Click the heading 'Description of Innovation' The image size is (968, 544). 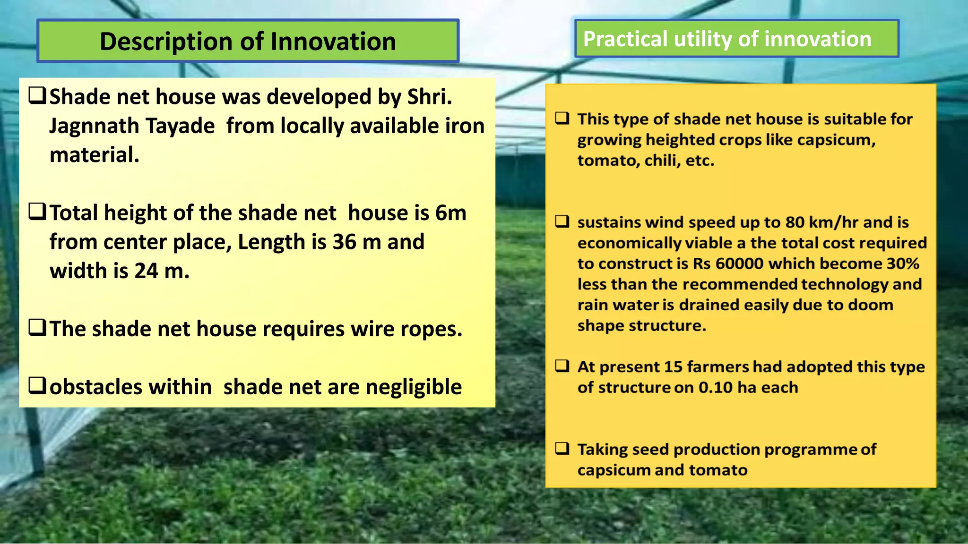pyautogui.click(x=248, y=42)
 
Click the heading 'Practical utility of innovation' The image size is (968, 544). pyautogui.click(x=727, y=39)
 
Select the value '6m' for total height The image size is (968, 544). pyautogui.click(x=450, y=213)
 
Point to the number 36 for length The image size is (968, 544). pyautogui.click(x=344, y=242)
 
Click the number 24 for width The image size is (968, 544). pyautogui.click(x=146, y=271)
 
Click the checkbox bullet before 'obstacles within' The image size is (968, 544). pyautogui.click(x=37, y=386)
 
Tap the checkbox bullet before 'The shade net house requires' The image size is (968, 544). pyautogui.click(x=37, y=327)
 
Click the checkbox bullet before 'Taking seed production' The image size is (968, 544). pyautogui.click(x=562, y=448)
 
